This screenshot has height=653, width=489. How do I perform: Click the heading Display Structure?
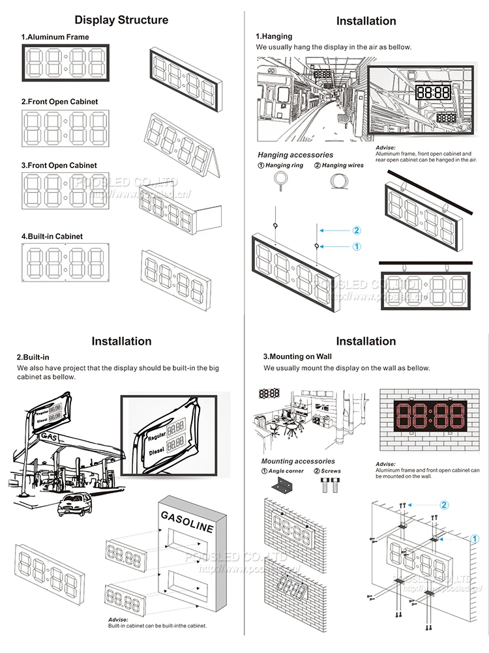click(121, 20)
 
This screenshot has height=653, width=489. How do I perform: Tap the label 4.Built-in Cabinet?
click(52, 236)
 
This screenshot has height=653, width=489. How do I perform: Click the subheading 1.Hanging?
click(274, 36)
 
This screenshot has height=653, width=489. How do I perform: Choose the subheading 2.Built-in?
click(33, 357)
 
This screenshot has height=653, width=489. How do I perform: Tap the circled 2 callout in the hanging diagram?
click(356, 230)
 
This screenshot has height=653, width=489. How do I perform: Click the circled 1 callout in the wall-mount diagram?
click(475, 539)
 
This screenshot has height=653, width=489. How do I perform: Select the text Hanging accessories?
click(295, 155)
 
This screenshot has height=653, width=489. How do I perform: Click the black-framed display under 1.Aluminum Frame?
click(66, 64)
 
